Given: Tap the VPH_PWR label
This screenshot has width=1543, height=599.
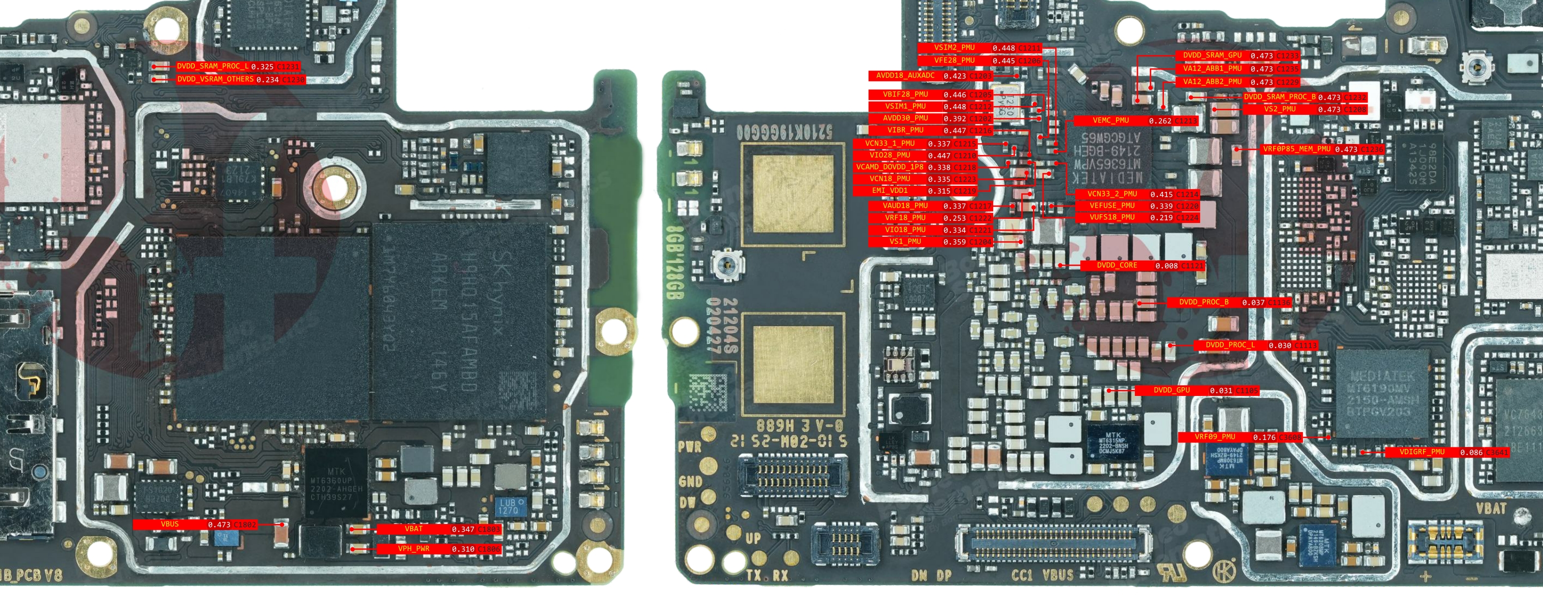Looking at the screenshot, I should pos(413,548).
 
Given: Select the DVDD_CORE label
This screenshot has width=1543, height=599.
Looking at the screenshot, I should pos(1117,265).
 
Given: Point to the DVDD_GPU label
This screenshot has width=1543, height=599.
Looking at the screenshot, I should pos(1172,390).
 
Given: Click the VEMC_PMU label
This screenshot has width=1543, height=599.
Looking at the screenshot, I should pos(1110,120).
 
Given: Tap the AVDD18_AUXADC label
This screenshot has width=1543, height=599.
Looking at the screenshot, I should pos(904,76).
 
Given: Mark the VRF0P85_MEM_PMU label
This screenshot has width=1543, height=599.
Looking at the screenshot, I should pos(1296,149).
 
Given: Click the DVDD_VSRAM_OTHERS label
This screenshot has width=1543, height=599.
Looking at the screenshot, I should pos(215,79).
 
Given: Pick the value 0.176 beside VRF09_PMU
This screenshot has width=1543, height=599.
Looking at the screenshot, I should pos(1264,437).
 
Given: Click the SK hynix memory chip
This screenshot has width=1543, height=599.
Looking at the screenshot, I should pos(461,320).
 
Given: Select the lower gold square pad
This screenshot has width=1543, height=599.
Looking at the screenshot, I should pos(793,364).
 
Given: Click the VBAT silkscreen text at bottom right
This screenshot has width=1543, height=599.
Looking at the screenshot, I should pos(1490,509).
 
